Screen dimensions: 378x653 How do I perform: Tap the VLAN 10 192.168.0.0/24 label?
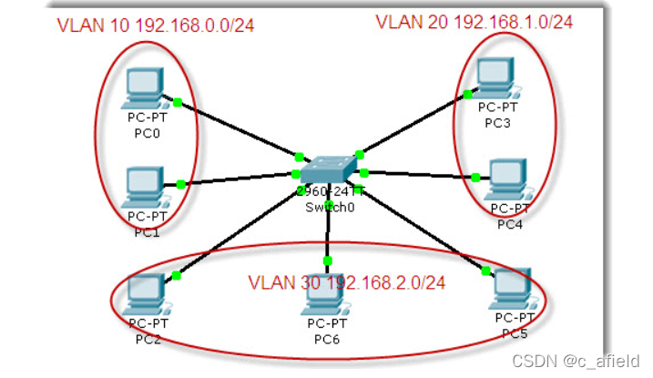155,25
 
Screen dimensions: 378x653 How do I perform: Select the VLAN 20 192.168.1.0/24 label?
474,21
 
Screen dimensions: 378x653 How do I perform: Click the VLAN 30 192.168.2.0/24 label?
346,282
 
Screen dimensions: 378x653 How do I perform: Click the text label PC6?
327,340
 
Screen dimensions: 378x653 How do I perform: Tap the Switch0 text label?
327,206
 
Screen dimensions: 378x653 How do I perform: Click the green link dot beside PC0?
179,101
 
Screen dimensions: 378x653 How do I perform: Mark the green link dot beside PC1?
181,185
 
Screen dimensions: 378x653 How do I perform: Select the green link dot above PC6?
327,261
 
